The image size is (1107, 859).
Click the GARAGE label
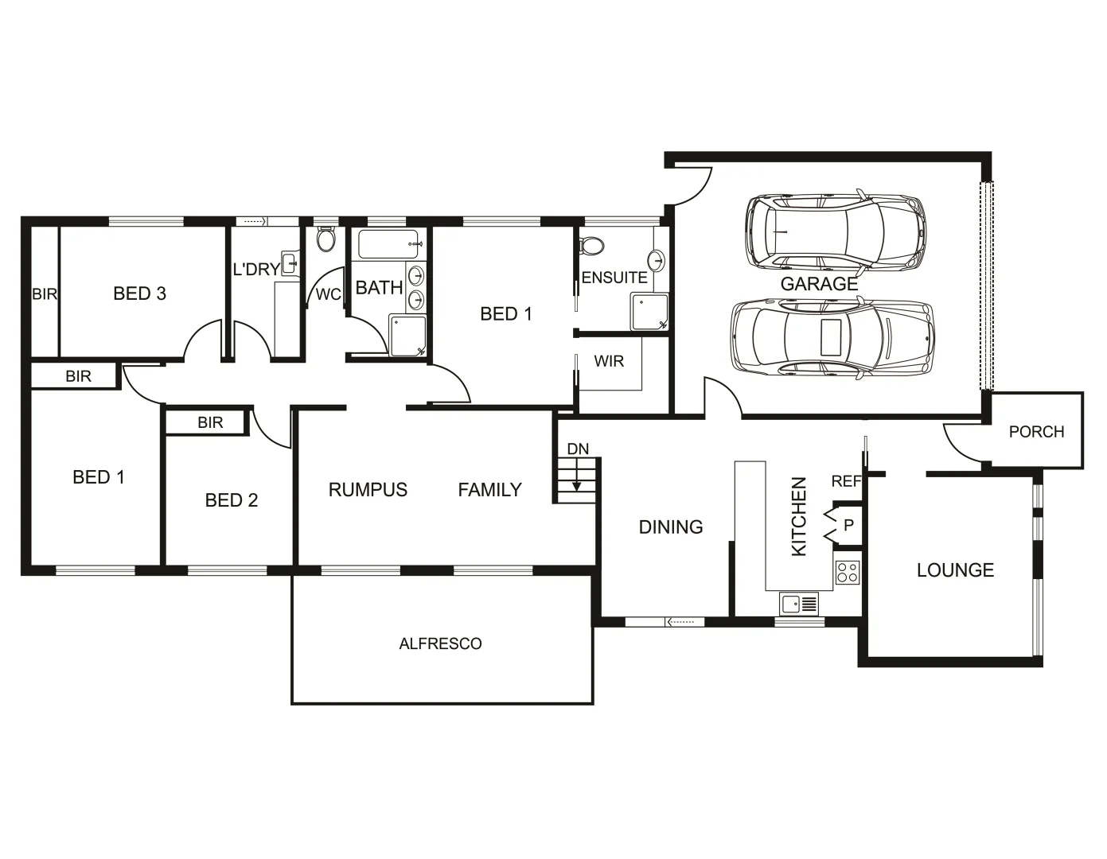[x=819, y=284]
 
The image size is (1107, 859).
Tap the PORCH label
[x=1036, y=432]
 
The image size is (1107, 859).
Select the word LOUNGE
[x=955, y=570]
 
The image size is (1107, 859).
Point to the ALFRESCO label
[x=440, y=643]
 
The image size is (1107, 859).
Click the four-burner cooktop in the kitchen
[x=848, y=573]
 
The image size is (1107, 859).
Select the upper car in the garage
[x=836, y=231]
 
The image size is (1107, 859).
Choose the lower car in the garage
[x=832, y=338]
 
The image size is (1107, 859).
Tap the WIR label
[x=609, y=362]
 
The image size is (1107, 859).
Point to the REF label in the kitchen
[x=846, y=481]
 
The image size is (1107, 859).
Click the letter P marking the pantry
[x=848, y=526]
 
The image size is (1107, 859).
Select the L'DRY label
[x=255, y=270]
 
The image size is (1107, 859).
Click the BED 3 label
[x=140, y=293]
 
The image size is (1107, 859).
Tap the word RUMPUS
[x=368, y=490]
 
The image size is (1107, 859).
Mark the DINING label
[x=671, y=527]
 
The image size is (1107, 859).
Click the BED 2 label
[x=232, y=500]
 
